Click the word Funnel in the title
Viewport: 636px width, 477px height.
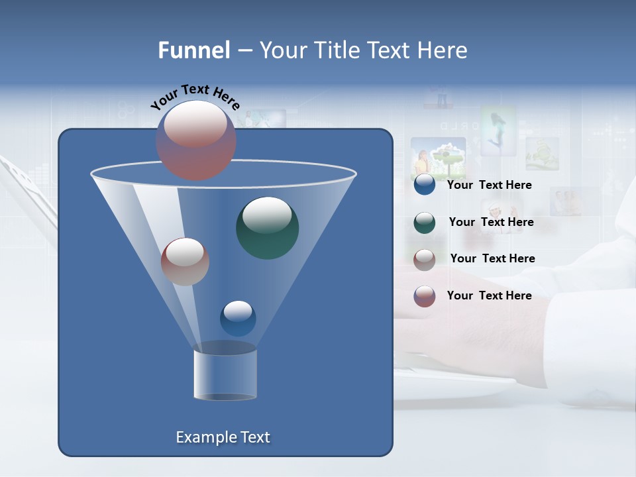click(x=194, y=50)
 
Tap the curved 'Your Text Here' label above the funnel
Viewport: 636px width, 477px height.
click(x=195, y=96)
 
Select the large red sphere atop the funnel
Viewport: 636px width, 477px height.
click(x=195, y=140)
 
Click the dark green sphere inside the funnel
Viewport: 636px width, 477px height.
click(x=268, y=228)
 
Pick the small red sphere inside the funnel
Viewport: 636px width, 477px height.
click(x=185, y=262)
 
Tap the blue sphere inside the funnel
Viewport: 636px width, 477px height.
click(x=238, y=318)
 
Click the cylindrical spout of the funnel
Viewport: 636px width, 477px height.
click(x=225, y=374)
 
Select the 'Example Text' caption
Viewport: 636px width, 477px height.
click(x=223, y=437)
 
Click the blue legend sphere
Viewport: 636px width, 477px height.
click(x=425, y=185)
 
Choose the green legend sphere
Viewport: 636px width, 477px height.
click(x=425, y=222)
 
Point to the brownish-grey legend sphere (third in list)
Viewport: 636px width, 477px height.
click(x=425, y=259)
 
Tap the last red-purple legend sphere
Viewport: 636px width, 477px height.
click(x=425, y=296)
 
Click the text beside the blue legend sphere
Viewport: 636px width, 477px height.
click(x=490, y=185)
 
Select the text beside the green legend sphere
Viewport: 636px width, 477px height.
click(x=491, y=223)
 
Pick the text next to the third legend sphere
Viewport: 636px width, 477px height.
click(x=492, y=259)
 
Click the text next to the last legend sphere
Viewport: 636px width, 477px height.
click(x=490, y=295)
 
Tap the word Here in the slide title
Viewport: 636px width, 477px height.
click(x=441, y=50)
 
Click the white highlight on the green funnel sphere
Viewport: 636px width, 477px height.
click(x=267, y=215)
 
